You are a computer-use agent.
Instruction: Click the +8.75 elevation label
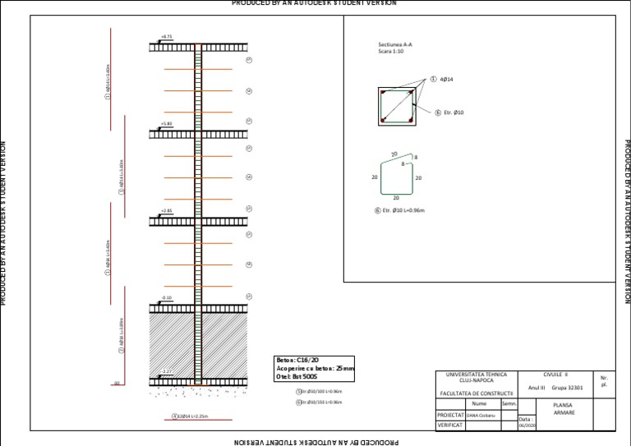pos(167,37)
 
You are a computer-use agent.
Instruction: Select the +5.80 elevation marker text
pos(167,123)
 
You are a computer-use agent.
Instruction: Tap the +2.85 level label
pos(167,211)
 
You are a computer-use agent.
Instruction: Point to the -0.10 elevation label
pos(167,298)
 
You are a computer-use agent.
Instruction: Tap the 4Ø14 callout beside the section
pos(447,80)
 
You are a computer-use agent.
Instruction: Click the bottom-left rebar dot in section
pos(383,121)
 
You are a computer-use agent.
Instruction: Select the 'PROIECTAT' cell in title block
pos(449,415)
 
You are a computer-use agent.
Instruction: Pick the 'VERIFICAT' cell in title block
pos(449,425)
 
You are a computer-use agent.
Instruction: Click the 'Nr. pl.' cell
pos(604,381)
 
